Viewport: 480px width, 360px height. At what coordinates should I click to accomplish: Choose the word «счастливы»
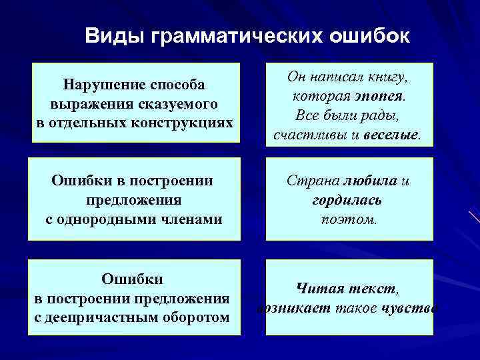(306, 135)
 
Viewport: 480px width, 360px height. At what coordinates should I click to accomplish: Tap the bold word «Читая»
(319, 289)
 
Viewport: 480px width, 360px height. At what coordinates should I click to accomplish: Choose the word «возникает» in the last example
(289, 308)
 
